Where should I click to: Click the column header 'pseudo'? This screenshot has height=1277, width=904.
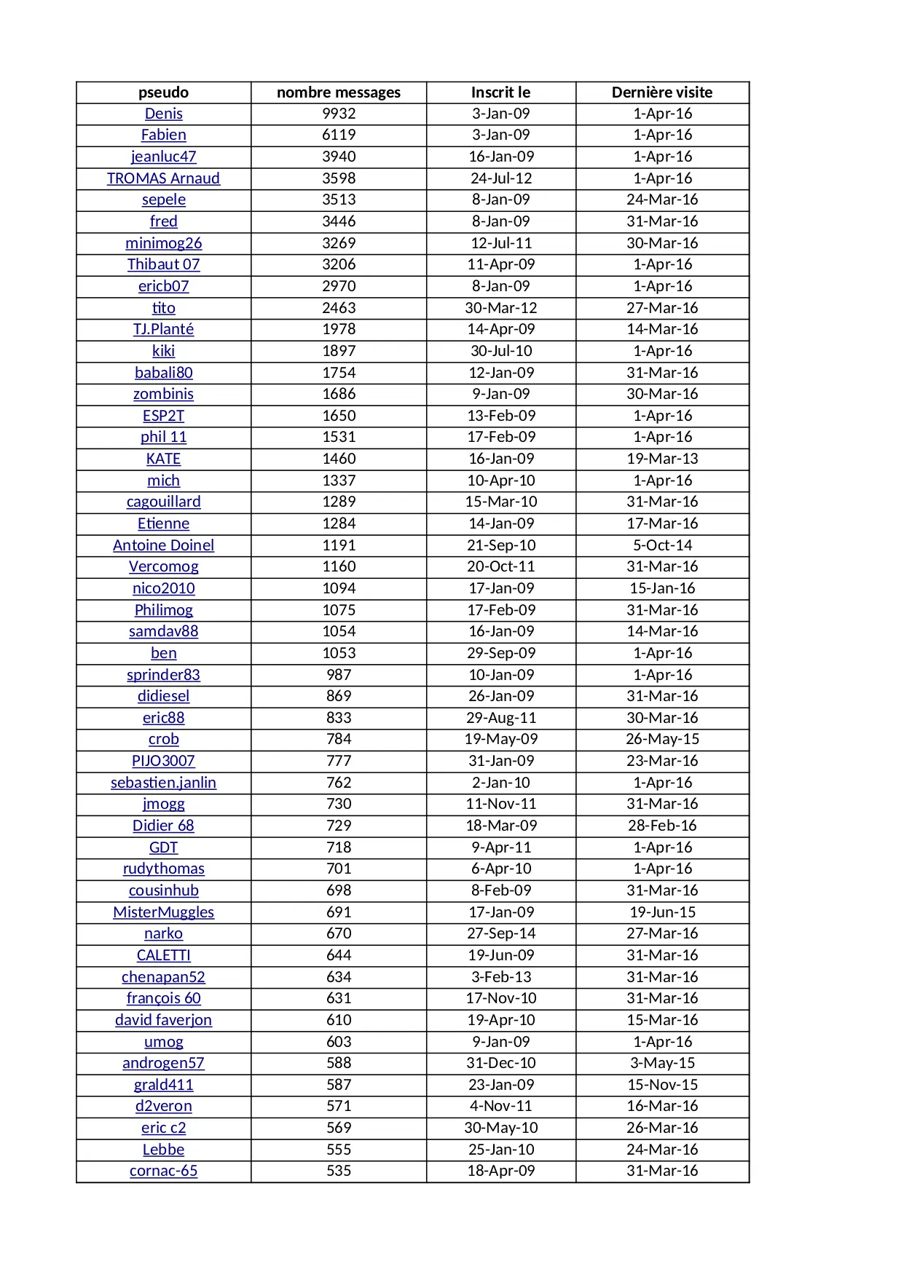point(163,92)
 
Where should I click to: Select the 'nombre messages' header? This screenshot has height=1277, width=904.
point(339,92)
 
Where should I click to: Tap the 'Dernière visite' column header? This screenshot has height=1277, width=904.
point(662,92)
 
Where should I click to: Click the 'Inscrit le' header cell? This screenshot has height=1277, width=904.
point(500,92)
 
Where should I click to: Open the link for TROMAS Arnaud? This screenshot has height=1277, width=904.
point(163,178)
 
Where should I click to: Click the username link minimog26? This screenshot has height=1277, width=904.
point(163,243)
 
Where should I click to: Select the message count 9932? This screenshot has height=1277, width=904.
point(339,114)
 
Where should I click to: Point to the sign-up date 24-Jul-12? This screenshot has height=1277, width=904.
point(501,178)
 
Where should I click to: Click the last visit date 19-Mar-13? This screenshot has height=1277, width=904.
point(662,459)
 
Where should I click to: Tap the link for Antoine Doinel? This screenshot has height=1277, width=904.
point(163,545)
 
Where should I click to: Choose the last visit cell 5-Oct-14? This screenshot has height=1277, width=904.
point(662,545)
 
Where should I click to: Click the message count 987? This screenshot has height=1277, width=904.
point(339,675)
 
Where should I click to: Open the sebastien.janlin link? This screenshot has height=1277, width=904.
point(163,783)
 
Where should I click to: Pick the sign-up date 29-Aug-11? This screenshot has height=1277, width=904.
point(501,718)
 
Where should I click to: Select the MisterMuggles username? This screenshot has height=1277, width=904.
point(163,912)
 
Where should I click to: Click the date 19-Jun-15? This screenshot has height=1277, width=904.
point(662,912)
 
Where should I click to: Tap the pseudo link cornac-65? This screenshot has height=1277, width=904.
point(163,1171)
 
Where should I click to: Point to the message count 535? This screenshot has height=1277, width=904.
point(339,1171)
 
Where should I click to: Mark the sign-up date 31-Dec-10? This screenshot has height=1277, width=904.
point(501,1063)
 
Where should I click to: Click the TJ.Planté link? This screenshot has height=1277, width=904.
point(163,329)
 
